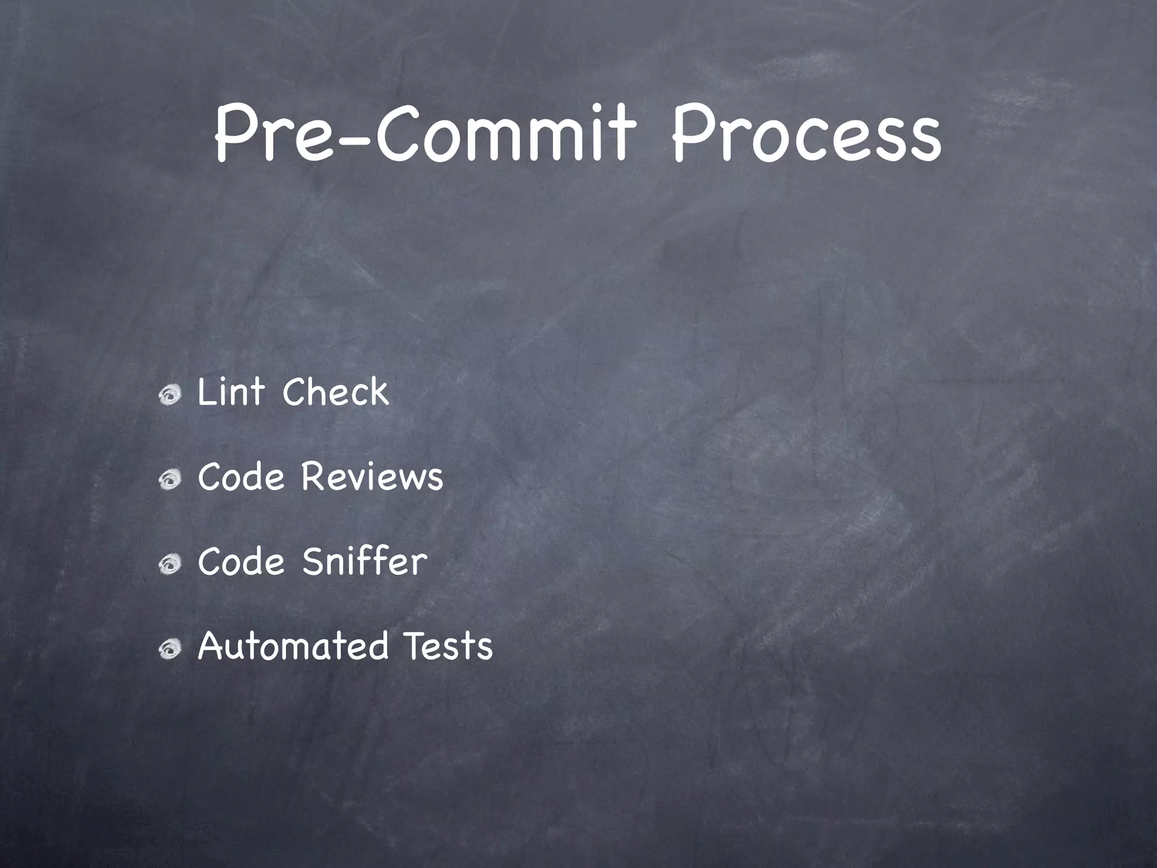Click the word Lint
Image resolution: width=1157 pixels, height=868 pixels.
[x=230, y=392]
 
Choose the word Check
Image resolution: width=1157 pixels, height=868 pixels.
[x=336, y=392]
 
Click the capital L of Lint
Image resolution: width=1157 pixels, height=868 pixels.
[x=206, y=392]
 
